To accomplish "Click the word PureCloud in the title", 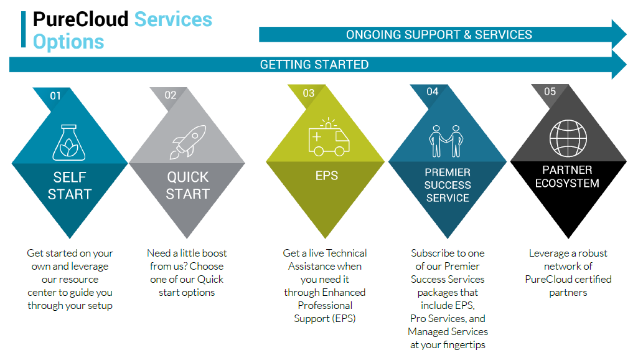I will click(81, 19).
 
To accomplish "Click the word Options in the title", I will click(68, 42).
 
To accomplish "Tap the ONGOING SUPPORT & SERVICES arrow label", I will click(439, 34).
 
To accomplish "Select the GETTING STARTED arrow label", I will click(314, 65).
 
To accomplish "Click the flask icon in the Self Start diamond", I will click(70, 141).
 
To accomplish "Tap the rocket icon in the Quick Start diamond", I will click(188, 141).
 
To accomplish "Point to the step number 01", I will click(55, 96).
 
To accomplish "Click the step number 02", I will click(171, 95).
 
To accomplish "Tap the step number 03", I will click(308, 93).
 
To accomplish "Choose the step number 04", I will click(433, 92).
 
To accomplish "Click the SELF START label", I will click(70, 186).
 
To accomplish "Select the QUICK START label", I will click(188, 186).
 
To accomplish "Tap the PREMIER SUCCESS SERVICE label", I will click(447, 185).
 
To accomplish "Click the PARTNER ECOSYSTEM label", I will click(567, 177).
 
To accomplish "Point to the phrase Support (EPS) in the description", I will click(325, 318).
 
